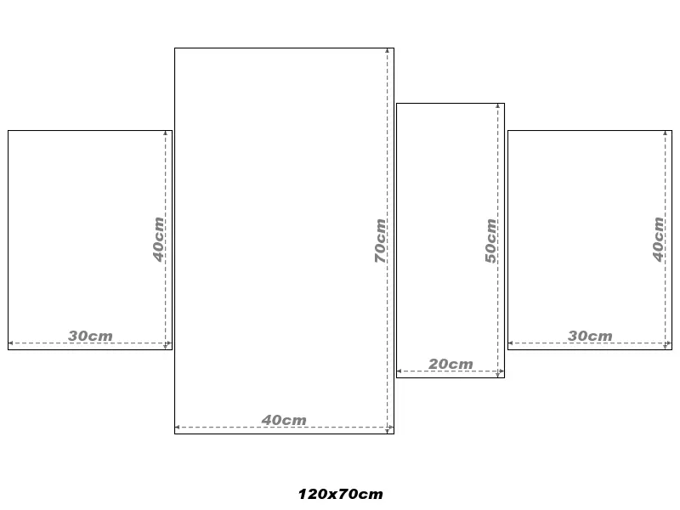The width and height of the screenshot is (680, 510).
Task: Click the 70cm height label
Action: click(x=380, y=241)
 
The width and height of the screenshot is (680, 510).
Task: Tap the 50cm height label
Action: click(x=491, y=241)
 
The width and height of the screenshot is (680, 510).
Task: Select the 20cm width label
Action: click(x=450, y=364)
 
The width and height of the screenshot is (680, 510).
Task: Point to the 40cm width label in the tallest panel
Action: click(x=284, y=420)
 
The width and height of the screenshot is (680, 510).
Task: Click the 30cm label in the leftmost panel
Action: click(x=90, y=336)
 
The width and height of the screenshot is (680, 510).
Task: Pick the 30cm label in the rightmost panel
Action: click(x=590, y=336)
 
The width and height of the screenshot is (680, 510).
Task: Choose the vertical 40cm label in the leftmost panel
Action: click(x=159, y=240)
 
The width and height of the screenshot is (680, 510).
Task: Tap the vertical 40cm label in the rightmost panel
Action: click(x=658, y=240)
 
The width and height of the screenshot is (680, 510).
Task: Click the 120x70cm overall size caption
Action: click(x=341, y=494)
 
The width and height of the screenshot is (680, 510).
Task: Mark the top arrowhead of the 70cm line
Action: click(x=388, y=51)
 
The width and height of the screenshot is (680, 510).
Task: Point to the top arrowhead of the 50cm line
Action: click(x=498, y=105)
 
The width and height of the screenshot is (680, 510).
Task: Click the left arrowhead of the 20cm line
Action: click(x=399, y=371)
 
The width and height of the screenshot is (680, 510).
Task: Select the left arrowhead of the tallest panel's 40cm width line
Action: click(x=177, y=428)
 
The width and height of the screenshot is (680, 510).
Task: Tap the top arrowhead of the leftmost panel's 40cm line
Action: click(x=166, y=133)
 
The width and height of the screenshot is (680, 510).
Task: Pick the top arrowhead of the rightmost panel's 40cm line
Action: click(x=666, y=133)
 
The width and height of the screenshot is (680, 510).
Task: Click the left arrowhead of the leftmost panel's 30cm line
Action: click(x=10, y=343)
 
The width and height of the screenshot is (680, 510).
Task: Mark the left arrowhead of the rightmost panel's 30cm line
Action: click(x=511, y=343)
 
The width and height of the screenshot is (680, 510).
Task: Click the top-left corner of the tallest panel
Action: click(x=175, y=48)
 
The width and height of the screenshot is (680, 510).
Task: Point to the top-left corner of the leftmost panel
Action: click(x=8, y=131)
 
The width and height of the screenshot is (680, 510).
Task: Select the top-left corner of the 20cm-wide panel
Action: click(x=396, y=103)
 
